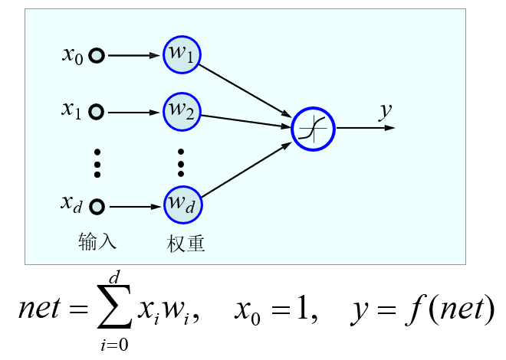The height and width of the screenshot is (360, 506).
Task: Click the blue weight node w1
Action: click(182, 55)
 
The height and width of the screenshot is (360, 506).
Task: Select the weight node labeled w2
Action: click(182, 112)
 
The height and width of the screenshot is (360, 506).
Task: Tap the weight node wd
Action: click(182, 205)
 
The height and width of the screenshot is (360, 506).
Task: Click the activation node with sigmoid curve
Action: click(314, 128)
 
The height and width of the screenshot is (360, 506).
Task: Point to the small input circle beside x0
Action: click(97, 55)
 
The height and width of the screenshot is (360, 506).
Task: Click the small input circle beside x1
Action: click(97, 112)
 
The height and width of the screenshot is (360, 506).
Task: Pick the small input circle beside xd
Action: click(97, 206)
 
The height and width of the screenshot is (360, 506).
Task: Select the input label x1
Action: click(72, 111)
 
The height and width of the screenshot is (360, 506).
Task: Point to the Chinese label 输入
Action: click(97, 242)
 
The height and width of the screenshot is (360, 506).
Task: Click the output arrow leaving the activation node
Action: click(365, 128)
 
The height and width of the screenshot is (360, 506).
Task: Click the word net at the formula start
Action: click(43, 309)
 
